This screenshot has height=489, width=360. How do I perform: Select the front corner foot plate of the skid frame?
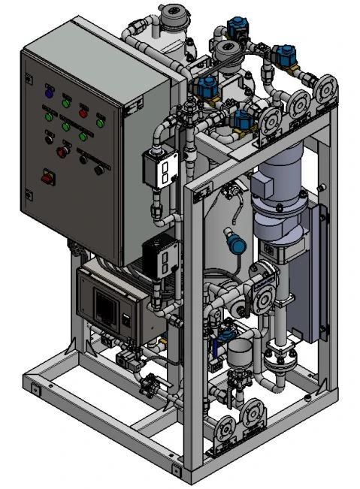tap(177, 471)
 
